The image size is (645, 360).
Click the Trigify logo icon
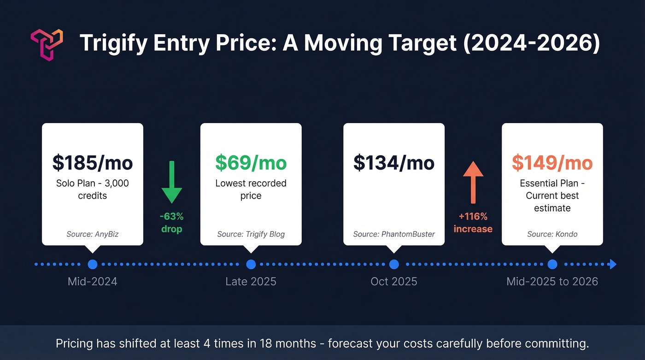tap(46, 44)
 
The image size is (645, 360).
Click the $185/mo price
tap(93, 163)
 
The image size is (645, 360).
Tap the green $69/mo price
tap(251, 163)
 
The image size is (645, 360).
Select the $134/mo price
tap(394, 163)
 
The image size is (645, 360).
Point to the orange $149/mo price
tap(552, 163)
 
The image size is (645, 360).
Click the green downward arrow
tap(172, 182)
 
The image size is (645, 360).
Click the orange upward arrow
tap(473, 182)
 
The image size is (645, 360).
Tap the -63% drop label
tap(172, 223)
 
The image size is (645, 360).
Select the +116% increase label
tap(473, 223)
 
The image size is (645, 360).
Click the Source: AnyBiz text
tap(93, 234)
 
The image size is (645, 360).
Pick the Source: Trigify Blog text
tap(251, 234)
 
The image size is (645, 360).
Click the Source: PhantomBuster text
tap(394, 234)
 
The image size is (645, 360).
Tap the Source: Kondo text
tap(552, 234)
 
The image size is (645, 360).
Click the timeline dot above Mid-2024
tap(93, 265)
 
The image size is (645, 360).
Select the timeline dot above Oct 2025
tap(394, 265)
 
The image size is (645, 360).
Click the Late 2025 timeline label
tap(251, 282)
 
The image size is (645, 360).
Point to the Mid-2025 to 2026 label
tap(552, 282)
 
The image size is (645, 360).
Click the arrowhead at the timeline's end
tap(612, 265)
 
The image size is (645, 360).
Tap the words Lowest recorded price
tap(251, 189)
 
